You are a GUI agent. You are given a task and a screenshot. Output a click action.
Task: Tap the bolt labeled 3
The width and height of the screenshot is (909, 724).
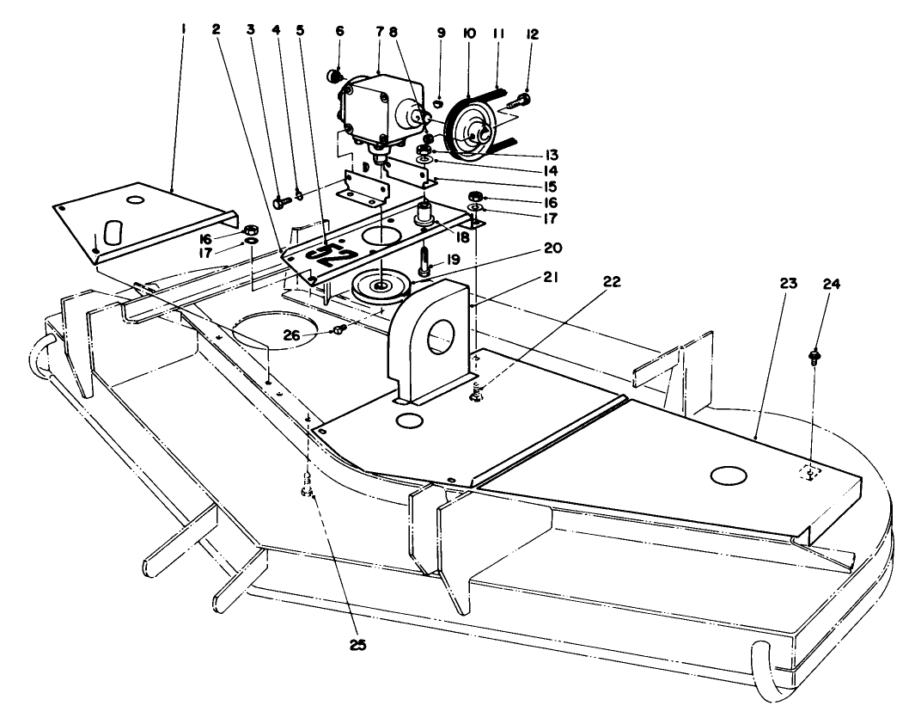pyautogui.click(x=280, y=203)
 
